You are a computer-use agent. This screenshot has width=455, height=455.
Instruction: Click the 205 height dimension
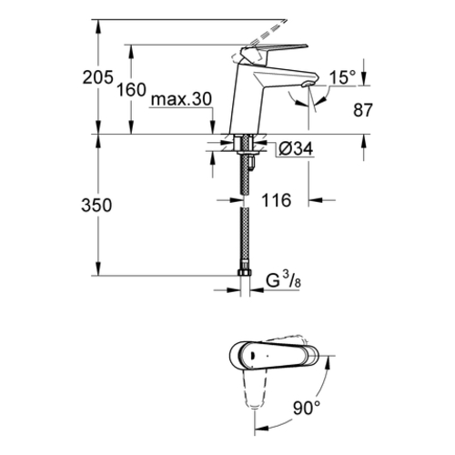[x=98, y=77]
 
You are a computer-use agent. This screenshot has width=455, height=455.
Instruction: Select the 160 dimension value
[x=132, y=90]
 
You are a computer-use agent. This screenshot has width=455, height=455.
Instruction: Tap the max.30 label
[x=181, y=99]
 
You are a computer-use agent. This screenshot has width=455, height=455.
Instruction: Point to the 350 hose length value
[x=96, y=205]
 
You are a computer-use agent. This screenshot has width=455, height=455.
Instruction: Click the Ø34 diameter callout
[x=296, y=149]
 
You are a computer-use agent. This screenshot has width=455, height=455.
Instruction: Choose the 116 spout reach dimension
[x=277, y=200]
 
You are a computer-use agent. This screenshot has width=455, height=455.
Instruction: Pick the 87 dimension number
[x=362, y=110]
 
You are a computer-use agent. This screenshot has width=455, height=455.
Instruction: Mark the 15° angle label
[x=342, y=77]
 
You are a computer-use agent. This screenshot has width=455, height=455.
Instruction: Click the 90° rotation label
[x=307, y=408]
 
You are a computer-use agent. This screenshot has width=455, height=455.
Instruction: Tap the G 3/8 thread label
[x=284, y=280]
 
